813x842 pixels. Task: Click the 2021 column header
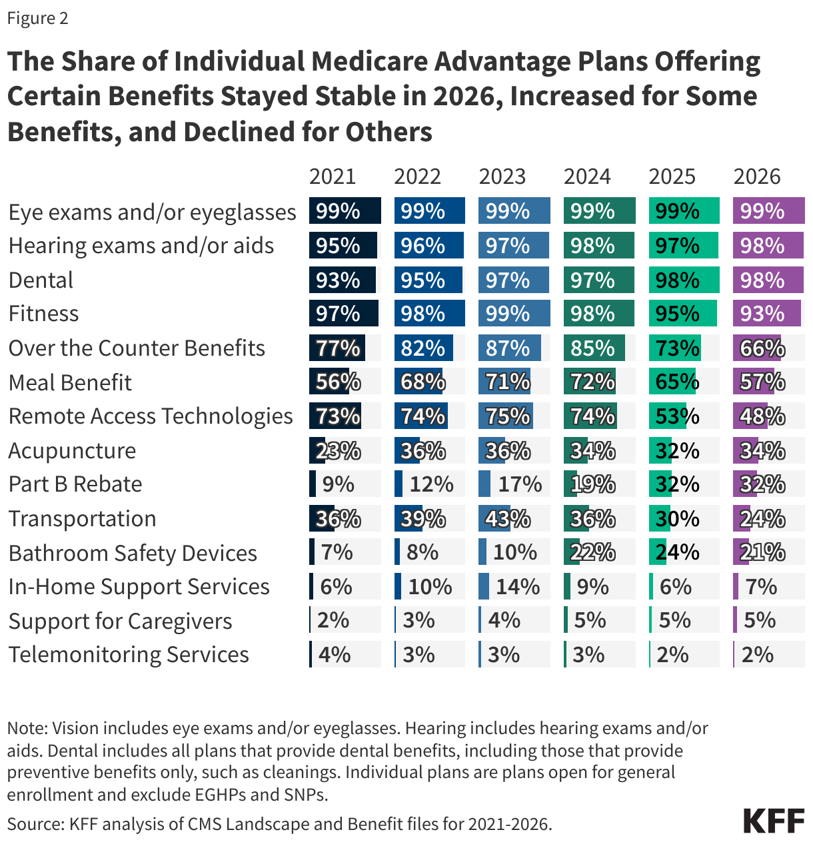[333, 177]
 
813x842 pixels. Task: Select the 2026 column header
[756, 177]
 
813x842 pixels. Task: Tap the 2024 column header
[587, 177]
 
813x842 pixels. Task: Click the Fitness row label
[44, 314]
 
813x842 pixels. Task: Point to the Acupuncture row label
[72, 451]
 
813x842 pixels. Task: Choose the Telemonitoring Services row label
[129, 655]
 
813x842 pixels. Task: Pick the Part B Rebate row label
[75, 484]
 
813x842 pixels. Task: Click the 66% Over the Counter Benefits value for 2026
[762, 348]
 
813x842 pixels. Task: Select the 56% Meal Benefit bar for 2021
[327, 382]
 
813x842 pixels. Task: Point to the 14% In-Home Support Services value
[517, 587]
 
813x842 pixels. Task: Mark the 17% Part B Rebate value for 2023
[520, 484]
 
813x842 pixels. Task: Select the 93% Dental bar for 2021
[342, 280]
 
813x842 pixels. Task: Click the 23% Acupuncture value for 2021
[338, 451]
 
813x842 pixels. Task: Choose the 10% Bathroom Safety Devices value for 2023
[514, 552]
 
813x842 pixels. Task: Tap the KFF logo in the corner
[774, 821]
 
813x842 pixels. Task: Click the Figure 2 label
[37, 18]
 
